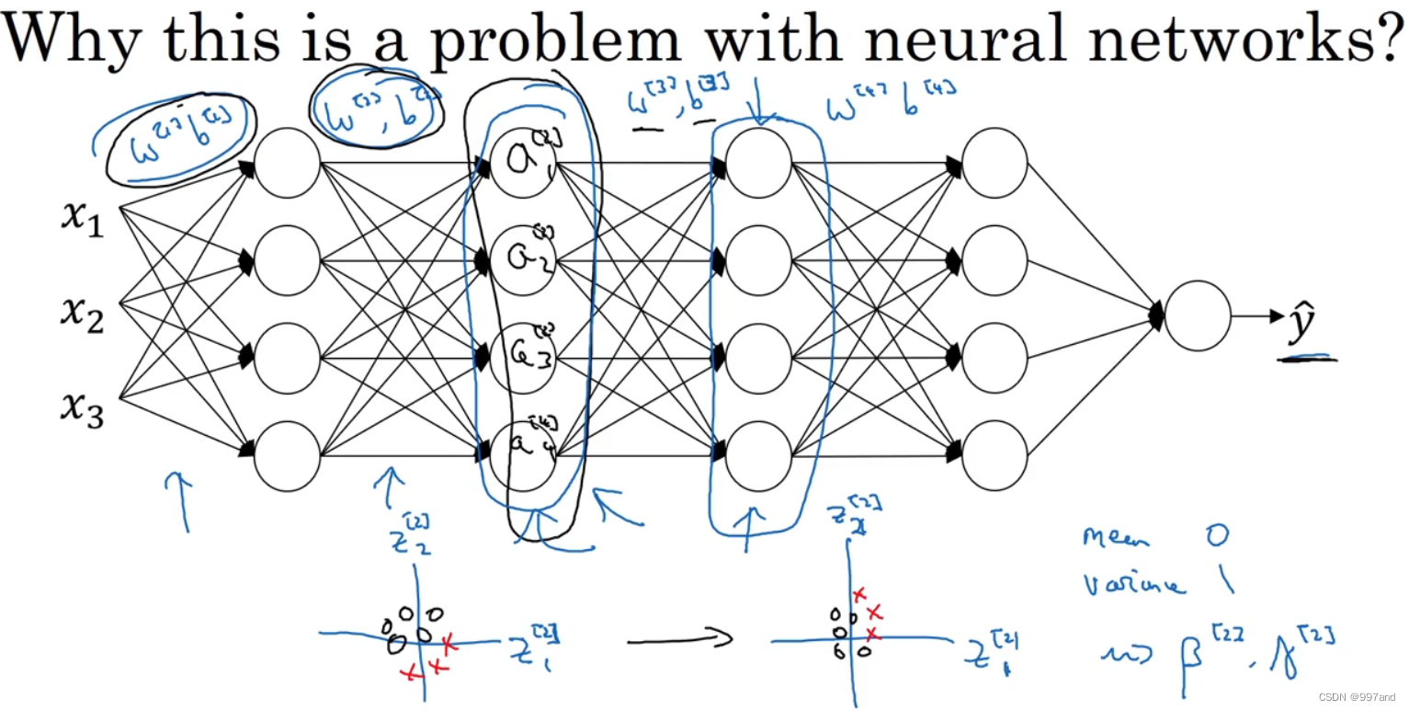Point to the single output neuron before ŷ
[1197, 315]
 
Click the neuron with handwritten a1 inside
[522, 162]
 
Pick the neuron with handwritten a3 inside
[522, 358]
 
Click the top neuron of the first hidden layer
[287, 163]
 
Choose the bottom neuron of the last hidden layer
[994, 455]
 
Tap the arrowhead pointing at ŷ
[1277, 316]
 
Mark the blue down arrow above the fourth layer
[757, 101]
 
